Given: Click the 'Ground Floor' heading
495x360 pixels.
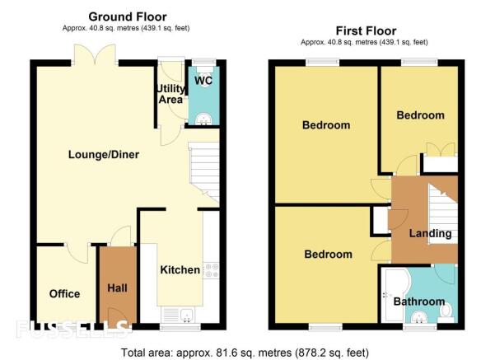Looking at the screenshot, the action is point(128,16).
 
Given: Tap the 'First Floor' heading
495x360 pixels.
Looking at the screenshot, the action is point(366,30).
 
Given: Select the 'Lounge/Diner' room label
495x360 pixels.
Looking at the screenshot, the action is point(104,154).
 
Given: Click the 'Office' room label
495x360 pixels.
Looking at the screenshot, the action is point(64,293).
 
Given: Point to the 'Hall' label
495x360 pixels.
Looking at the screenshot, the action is point(117,288).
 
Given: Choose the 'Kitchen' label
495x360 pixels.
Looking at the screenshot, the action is point(180,269).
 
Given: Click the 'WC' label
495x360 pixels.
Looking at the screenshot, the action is point(203,81).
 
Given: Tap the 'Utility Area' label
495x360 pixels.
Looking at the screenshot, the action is point(170,94).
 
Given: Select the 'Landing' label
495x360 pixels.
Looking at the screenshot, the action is point(430,233).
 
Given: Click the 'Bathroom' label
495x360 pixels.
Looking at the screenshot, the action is point(419,302).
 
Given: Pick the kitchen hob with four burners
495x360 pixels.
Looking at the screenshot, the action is point(211,271).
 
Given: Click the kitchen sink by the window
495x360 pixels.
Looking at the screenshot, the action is point(187,316).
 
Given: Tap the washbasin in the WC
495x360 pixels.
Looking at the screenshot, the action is point(203,119).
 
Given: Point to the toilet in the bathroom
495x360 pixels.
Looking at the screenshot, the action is point(446,312).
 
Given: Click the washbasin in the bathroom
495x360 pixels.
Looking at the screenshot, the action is point(420,316).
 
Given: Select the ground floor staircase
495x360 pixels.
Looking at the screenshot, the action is point(204,172).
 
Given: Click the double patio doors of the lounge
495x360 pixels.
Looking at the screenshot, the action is point(95,54).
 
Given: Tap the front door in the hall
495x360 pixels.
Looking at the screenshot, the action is point(117,316).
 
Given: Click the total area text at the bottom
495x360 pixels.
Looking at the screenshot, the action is point(245,352).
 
